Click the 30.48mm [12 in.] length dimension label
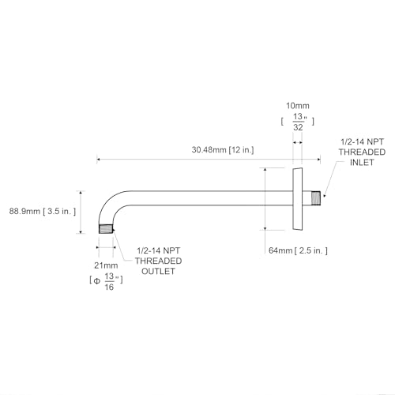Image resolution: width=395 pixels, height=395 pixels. (223, 150)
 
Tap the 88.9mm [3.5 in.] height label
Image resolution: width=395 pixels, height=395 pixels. (43, 211)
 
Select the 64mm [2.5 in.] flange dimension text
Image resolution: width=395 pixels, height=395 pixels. (298, 250)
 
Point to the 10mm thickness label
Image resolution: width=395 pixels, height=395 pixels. (298, 106)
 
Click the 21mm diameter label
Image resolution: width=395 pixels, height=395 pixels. (106, 265)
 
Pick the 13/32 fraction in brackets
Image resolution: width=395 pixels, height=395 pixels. (299, 122)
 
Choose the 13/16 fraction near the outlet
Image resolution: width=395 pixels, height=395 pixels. (110, 281)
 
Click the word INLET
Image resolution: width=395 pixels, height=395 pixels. (362, 163)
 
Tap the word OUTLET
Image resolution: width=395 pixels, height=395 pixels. (158, 271)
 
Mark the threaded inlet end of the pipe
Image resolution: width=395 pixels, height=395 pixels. (316, 198)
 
